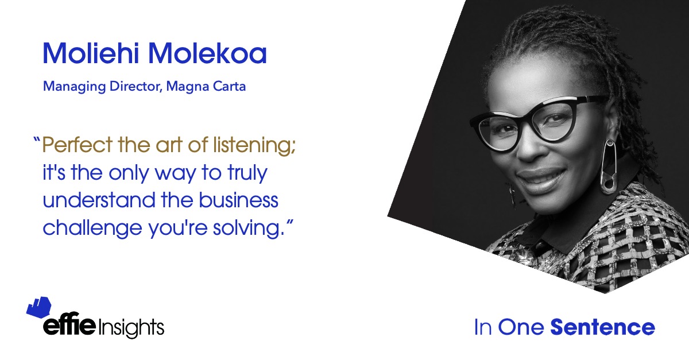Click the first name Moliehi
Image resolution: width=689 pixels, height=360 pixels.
(91, 53)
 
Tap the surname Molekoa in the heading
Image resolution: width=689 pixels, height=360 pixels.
(207, 53)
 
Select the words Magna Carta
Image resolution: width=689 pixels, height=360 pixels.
(206, 87)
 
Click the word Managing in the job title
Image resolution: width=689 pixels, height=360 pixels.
(75, 87)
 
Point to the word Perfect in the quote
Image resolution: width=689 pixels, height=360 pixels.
(77, 144)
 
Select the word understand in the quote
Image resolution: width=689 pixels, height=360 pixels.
(99, 200)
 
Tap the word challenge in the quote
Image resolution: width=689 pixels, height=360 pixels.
(92, 229)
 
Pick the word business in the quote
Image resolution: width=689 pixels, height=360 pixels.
(238, 200)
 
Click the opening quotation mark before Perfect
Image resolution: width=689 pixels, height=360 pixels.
(37, 141)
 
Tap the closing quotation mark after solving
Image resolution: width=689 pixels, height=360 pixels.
(289, 223)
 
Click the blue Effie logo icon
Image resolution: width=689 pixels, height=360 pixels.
(39, 307)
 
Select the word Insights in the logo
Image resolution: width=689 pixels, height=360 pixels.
(131, 328)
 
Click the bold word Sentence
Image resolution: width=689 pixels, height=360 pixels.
(602, 327)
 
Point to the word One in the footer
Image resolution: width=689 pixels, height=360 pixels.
(521, 327)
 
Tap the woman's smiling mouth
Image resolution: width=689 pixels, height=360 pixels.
(541, 178)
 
